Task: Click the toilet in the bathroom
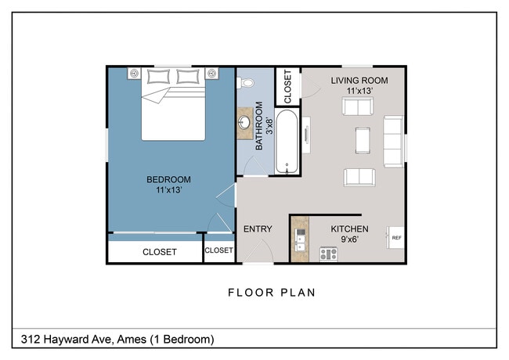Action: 247,81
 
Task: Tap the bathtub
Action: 287,142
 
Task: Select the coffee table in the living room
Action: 363,139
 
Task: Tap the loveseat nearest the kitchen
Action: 359,177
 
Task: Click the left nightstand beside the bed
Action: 134,74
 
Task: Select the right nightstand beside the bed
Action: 211,74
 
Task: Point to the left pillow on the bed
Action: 159,76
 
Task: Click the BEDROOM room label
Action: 168,180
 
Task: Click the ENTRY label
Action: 258,229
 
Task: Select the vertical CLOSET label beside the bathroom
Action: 287,86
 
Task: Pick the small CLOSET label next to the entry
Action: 218,250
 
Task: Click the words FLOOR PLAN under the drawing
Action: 272,293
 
